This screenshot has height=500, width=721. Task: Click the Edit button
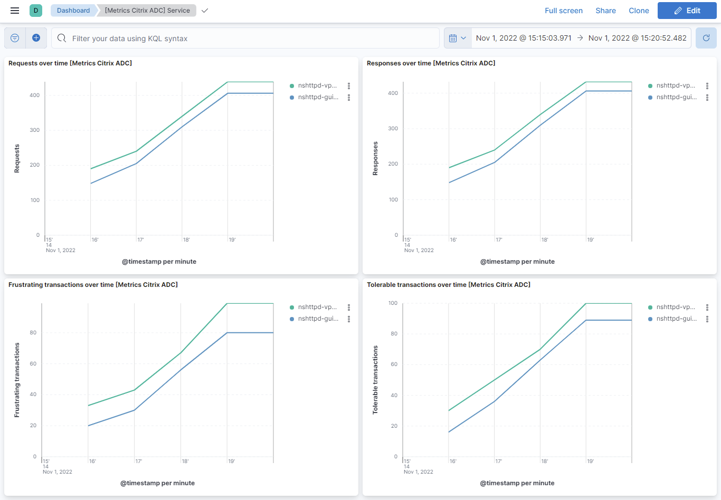(x=687, y=11)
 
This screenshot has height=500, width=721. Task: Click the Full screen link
(x=563, y=11)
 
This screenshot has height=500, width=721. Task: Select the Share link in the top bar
(x=605, y=11)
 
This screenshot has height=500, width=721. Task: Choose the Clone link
(x=639, y=11)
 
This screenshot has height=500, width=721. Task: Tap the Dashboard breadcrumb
(x=73, y=11)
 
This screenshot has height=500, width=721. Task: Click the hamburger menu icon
(x=15, y=11)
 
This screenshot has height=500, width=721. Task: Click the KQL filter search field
(x=245, y=39)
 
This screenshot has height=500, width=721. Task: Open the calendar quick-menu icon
(x=457, y=38)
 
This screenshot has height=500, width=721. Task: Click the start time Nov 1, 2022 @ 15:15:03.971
(x=523, y=38)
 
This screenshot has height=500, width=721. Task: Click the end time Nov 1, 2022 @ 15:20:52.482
(x=637, y=38)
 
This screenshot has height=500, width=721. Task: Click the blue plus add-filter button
(x=36, y=38)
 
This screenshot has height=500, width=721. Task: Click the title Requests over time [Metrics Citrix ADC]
(x=70, y=63)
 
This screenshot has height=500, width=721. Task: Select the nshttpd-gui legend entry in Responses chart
(x=676, y=97)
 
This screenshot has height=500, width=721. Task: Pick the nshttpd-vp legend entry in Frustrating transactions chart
(x=317, y=307)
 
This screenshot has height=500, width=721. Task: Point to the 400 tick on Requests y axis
(x=34, y=95)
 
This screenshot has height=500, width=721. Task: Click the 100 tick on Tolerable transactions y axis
(x=393, y=303)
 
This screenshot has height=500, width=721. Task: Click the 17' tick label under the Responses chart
(x=499, y=240)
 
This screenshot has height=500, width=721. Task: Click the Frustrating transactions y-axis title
(x=17, y=380)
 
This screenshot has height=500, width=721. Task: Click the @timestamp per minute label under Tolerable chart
(x=517, y=483)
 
